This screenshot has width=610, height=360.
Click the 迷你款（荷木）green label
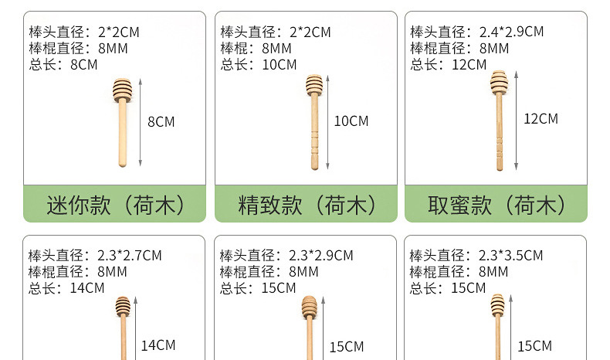115,204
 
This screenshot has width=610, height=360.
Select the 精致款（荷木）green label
306,204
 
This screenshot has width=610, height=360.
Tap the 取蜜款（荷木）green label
496,204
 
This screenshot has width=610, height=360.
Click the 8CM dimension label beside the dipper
161,121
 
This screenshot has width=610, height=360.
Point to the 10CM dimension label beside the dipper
351,121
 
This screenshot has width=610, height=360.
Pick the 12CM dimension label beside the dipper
541,119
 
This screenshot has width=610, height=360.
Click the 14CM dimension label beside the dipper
158,345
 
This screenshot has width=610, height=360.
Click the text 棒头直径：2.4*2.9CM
476,32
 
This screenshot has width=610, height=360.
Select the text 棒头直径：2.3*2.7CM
95,256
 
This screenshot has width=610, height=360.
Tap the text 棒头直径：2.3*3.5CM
476,256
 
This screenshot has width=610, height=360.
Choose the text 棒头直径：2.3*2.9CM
286,256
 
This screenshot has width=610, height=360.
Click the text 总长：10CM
258,64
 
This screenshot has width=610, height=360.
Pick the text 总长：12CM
449,64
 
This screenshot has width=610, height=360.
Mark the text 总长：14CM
66,288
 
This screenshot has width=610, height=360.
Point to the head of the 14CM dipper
123,306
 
